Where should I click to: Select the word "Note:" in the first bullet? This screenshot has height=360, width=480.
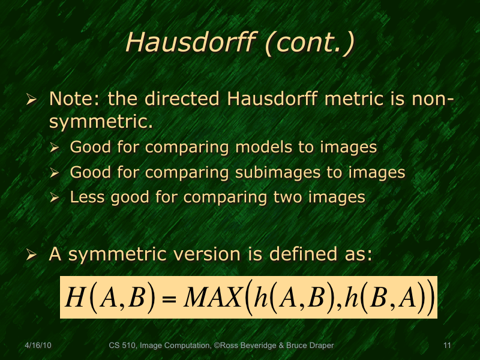[69, 98]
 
